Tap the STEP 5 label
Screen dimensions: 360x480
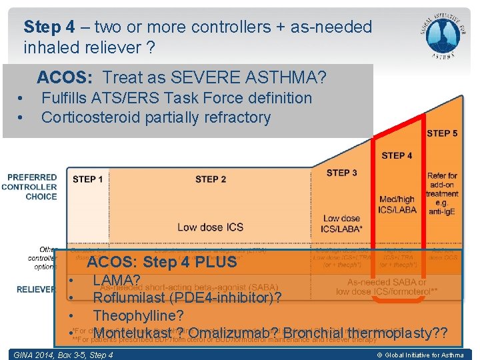(441, 133)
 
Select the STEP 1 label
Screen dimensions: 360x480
(88, 179)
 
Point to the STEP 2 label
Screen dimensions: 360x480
(210, 179)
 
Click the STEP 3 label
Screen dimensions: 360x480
(341, 173)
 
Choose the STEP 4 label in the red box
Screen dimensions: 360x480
(397, 156)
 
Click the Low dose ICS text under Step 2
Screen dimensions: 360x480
(210, 227)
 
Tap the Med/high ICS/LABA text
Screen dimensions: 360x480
(397, 205)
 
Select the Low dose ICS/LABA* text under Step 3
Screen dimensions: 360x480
(341, 223)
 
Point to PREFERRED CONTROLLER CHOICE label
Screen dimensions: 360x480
(32, 187)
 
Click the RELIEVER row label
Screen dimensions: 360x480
(37, 289)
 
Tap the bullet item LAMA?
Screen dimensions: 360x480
(117, 280)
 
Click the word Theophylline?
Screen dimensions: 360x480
(138, 315)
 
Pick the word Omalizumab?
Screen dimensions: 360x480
(228, 333)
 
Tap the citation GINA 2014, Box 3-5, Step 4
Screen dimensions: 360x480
(64, 355)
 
